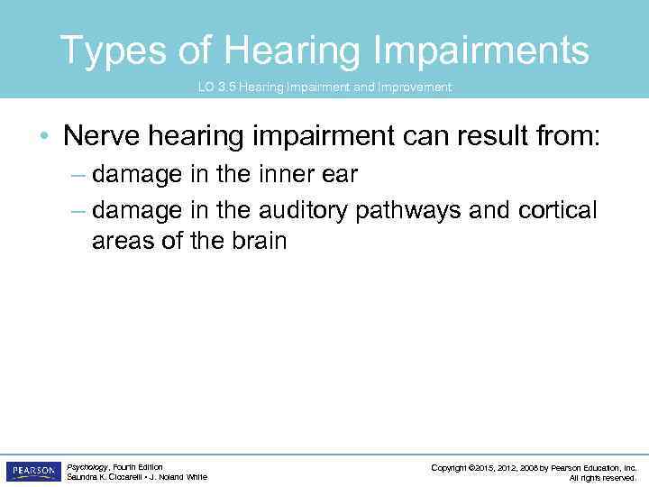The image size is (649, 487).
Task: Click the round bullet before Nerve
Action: click(x=44, y=137)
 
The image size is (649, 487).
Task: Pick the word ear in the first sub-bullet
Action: click(x=339, y=174)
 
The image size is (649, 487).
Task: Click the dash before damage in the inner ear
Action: click(x=78, y=175)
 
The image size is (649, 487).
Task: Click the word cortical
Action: click(x=558, y=210)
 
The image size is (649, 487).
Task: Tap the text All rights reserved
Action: click(x=603, y=478)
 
